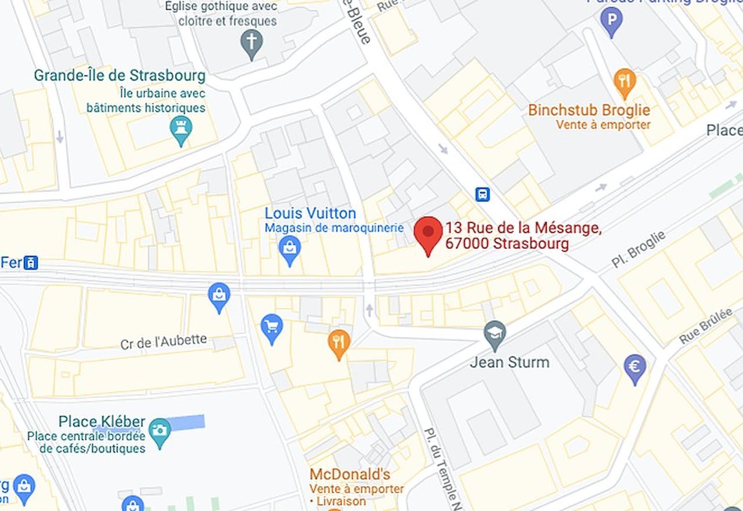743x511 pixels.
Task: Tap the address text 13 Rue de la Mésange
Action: (523, 228)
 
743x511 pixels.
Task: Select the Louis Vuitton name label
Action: (310, 213)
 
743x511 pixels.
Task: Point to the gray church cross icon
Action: (251, 44)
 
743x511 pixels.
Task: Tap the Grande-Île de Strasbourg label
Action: (120, 76)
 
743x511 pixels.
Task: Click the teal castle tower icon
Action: (181, 129)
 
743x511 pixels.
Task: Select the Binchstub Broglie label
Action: (589, 110)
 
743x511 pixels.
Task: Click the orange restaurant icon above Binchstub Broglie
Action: (624, 82)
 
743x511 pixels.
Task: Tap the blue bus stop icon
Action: (482, 194)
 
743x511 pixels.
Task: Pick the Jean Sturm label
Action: (509, 362)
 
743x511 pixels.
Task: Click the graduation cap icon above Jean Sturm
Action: (495, 334)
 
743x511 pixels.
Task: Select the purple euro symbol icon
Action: (635, 368)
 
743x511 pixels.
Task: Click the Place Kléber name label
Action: (102, 421)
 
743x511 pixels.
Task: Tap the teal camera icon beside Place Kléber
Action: (160, 431)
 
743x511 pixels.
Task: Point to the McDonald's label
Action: (349, 474)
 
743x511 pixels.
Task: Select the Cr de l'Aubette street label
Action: (164, 342)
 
